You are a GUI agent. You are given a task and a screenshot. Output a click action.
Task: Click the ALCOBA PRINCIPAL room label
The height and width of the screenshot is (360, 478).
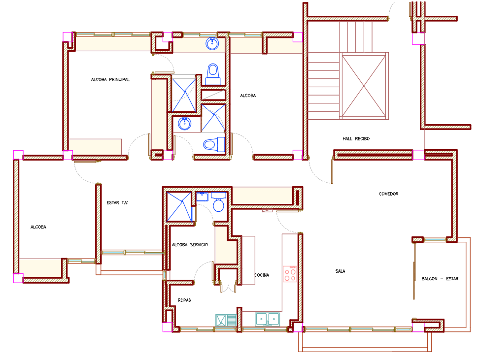(x=110, y=80)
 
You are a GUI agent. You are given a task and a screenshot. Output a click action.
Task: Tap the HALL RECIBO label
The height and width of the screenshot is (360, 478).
(x=356, y=139)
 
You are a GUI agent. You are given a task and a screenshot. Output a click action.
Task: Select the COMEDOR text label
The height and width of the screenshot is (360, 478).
(x=388, y=194)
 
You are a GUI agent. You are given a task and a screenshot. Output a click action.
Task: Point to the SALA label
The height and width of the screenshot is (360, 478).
(x=340, y=271)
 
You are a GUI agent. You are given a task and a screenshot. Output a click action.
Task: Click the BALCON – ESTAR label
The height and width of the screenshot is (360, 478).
(x=440, y=279)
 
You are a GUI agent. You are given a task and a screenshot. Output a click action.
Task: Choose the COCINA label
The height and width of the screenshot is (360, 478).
(x=262, y=275)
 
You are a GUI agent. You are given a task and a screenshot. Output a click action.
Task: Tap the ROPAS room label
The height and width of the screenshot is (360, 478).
(x=184, y=300)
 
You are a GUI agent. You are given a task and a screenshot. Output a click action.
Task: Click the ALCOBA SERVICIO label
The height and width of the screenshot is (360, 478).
(x=190, y=245)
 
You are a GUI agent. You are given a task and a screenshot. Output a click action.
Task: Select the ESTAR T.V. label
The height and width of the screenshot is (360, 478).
(x=117, y=203)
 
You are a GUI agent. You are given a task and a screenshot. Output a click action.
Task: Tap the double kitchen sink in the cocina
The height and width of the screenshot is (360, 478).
(x=268, y=319)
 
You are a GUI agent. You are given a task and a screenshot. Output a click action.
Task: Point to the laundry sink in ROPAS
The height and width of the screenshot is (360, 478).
(x=226, y=321)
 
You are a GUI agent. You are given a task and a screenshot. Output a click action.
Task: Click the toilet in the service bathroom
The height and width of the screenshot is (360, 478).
(x=218, y=201)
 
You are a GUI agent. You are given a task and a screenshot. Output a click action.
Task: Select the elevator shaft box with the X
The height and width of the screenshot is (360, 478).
(x=364, y=86)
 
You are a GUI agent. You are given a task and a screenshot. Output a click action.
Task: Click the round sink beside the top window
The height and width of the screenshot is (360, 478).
(x=212, y=43)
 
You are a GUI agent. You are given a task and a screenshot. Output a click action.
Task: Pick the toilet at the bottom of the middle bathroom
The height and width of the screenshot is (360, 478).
(x=214, y=144)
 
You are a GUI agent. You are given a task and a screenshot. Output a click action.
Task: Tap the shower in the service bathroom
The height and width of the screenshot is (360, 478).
(x=179, y=207)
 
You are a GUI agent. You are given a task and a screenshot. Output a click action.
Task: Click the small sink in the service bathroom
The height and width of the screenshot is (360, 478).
(x=202, y=196)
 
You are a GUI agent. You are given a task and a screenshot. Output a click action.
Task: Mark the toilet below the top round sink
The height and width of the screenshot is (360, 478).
(x=213, y=74)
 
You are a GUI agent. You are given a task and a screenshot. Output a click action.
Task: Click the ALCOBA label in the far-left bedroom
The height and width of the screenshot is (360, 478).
(x=38, y=227)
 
